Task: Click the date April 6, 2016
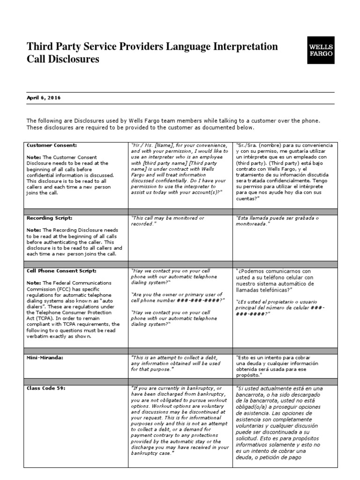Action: tap(44, 98)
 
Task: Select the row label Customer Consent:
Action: tap(52, 145)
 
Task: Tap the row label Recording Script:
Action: tap(50, 218)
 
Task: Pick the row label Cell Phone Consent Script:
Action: tap(61, 271)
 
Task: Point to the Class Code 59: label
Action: tap(46, 389)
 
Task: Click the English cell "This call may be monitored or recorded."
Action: tap(167, 221)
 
